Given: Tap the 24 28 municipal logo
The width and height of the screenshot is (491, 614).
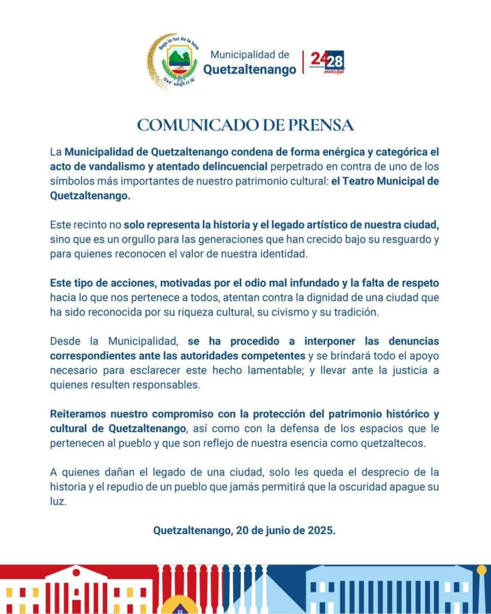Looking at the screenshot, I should [x=327, y=62].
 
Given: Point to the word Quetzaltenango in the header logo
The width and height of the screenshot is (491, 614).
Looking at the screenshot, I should [x=249, y=70].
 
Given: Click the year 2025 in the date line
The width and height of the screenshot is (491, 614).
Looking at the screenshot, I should [x=323, y=530].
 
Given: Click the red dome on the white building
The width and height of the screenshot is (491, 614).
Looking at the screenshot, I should [x=76, y=570].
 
